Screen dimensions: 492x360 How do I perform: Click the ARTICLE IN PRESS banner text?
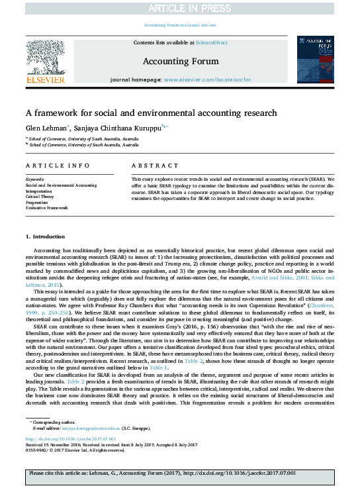179,7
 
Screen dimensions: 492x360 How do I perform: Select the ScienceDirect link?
211,42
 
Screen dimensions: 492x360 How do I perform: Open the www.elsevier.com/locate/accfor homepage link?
208,79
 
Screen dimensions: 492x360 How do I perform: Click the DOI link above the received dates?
71,438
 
